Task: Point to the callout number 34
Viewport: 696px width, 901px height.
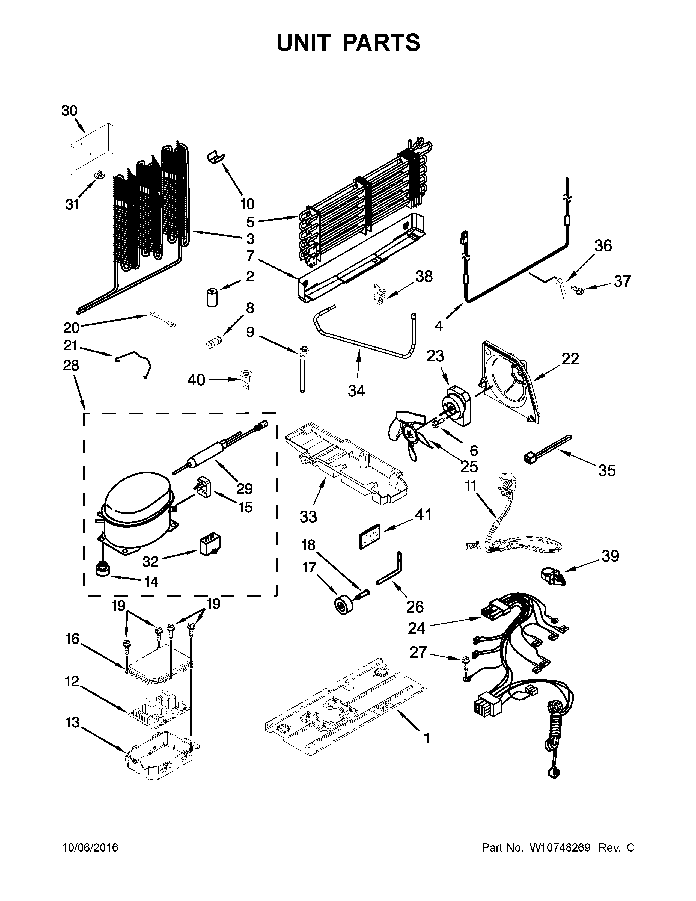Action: point(356,390)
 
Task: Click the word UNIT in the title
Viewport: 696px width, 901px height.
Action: point(304,43)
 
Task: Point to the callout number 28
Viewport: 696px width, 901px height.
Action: point(71,366)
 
